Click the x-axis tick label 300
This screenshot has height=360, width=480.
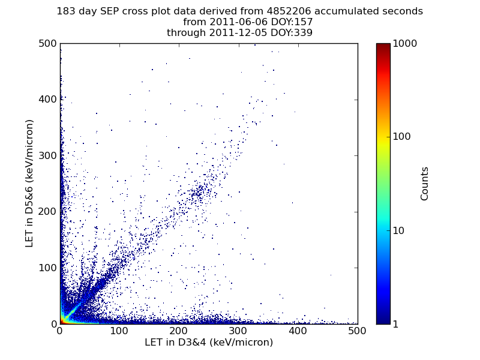point(238,331)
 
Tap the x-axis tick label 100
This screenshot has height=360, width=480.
point(119,331)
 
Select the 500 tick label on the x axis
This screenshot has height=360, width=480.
point(357,331)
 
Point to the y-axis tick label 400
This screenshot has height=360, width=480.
point(48,100)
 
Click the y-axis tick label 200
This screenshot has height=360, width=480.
point(48,212)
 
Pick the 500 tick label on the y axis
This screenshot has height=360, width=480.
point(48,43)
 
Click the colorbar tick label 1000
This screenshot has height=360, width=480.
point(404,43)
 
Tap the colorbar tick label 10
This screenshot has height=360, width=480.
point(398,230)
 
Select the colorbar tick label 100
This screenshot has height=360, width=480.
point(401,137)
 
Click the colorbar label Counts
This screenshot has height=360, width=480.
point(424,184)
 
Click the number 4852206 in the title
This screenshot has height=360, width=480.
point(289,11)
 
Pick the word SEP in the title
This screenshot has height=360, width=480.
point(110,11)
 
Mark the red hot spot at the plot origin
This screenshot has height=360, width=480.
point(62,321)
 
